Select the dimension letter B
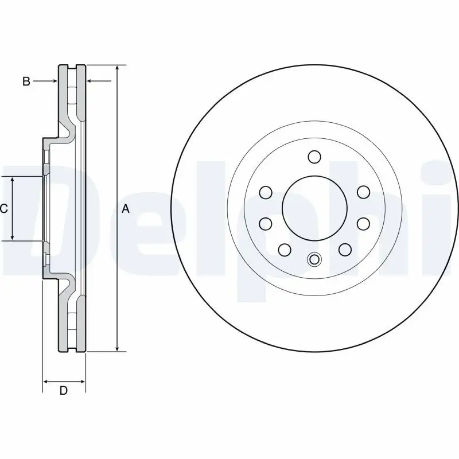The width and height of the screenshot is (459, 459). click(x=26, y=81)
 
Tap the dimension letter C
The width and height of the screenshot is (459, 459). click(x=4, y=209)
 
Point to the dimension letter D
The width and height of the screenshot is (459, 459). click(x=64, y=391)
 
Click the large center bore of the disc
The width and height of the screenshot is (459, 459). click(x=314, y=208)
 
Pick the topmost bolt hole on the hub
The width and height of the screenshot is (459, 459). click(x=314, y=157)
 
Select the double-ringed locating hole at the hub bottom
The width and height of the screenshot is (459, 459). click(x=314, y=259)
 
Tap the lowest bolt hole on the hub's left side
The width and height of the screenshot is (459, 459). click(x=284, y=249)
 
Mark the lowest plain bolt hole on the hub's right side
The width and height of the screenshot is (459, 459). click(x=345, y=249)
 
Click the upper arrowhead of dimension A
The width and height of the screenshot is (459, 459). click(x=117, y=68)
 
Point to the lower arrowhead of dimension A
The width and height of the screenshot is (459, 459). click(x=117, y=348)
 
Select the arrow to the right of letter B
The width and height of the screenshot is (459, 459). click(x=53, y=81)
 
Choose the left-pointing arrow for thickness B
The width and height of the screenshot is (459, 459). click(x=91, y=81)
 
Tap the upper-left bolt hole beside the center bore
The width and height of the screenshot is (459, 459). click(x=266, y=192)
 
